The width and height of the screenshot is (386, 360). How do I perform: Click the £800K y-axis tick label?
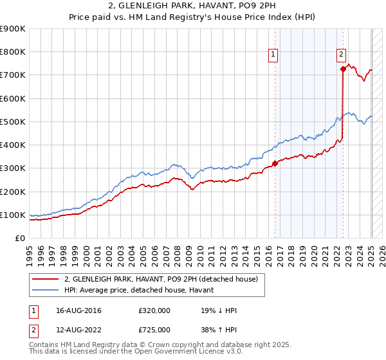pos(13,52)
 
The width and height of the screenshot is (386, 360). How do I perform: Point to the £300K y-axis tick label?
pos(13,168)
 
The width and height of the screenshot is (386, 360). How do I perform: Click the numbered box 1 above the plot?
pos(273,55)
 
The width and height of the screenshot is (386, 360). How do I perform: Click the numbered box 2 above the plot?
pos(341,55)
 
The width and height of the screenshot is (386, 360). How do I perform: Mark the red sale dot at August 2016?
pos(275,163)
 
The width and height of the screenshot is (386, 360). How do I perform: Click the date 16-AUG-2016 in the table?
pos(78,310)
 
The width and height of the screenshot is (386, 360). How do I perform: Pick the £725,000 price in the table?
pos(154,330)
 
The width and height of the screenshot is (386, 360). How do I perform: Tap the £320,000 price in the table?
pos(154,310)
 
